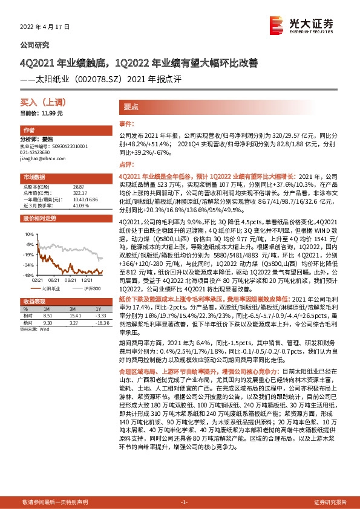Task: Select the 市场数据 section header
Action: pos(34,178)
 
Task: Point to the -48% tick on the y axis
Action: pos(27,275)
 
